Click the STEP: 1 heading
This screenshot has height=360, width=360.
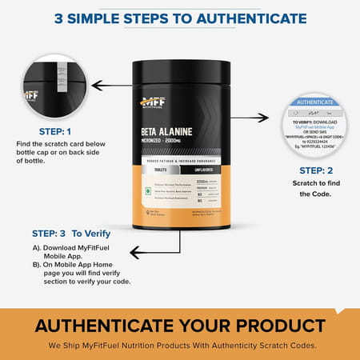click(55, 132)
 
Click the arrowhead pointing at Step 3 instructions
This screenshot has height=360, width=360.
click(135, 252)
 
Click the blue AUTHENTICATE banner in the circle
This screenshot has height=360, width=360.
click(315, 102)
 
